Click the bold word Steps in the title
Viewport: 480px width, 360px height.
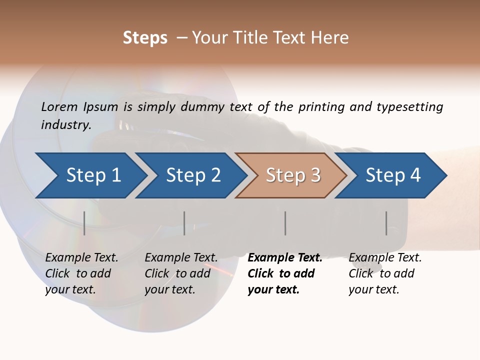(x=145, y=38)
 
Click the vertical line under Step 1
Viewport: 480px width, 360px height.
(x=84, y=223)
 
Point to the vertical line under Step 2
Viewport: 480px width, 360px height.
(x=184, y=223)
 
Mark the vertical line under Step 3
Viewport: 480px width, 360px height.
(x=285, y=223)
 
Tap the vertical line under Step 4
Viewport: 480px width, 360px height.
(x=386, y=223)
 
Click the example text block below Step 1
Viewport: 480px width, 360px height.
(x=81, y=273)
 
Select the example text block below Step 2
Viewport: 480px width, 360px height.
(x=181, y=273)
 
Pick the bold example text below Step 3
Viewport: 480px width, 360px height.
(x=285, y=273)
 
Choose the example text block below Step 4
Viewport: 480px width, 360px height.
(x=385, y=273)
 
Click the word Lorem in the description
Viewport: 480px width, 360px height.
(x=59, y=107)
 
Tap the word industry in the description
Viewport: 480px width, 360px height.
(x=66, y=125)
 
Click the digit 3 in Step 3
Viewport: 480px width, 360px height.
(x=315, y=175)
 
